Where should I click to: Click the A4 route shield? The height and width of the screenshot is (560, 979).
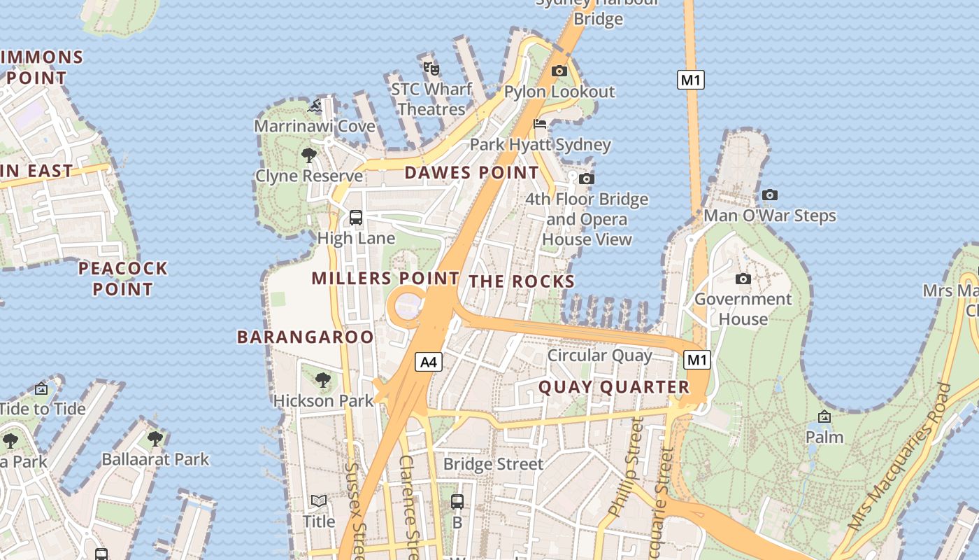click(429, 362)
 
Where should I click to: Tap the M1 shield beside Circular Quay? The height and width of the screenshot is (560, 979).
click(696, 360)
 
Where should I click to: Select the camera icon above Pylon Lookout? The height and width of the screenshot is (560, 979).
click(559, 71)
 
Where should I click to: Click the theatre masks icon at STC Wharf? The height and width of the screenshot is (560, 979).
click(431, 68)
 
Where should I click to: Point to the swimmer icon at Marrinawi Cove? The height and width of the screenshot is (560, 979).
click(315, 106)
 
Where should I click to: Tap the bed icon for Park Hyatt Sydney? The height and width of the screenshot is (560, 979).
click(540, 125)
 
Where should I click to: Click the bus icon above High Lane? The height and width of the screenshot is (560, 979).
click(356, 217)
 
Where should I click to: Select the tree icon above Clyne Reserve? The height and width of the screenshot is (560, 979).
click(308, 155)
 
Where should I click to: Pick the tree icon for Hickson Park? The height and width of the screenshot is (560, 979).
click(322, 380)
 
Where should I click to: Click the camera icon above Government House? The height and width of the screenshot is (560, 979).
click(743, 279)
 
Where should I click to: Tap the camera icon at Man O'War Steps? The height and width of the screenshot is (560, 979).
click(769, 195)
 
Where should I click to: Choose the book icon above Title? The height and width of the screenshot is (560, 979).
click(319, 500)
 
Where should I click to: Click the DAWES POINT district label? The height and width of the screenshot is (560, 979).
click(472, 172)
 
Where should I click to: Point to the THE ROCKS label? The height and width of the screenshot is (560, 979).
click(522, 281)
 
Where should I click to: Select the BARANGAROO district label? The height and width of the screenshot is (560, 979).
click(306, 337)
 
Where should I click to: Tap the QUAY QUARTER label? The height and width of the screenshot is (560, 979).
click(614, 387)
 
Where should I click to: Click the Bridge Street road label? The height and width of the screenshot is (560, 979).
click(493, 464)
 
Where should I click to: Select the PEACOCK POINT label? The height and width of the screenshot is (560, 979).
click(123, 279)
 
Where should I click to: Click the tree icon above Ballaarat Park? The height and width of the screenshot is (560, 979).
click(155, 439)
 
